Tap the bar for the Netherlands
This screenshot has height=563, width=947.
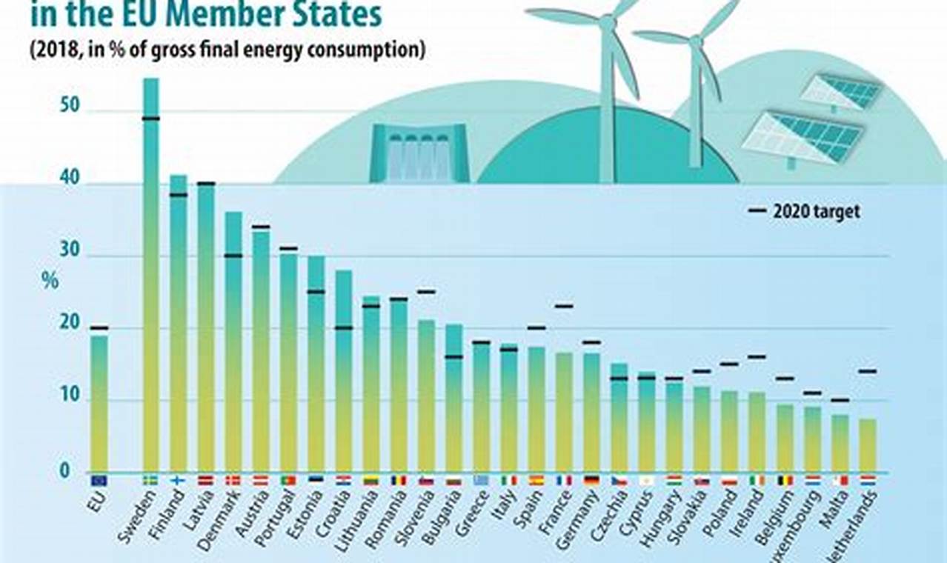coord(867,445)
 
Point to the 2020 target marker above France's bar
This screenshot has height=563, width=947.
coord(564,306)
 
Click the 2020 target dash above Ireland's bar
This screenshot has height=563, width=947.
coord(757,357)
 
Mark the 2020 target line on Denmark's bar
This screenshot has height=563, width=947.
coord(233,256)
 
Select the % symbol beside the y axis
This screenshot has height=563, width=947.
coord(50,281)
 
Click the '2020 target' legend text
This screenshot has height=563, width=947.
coord(817,211)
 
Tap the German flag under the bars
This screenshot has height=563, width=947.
coord(591,480)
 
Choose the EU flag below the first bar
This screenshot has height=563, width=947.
coord(99,480)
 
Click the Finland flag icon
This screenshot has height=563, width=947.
coord(178,480)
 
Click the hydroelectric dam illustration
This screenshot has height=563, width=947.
coord(420,153)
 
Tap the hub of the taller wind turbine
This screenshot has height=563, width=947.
coord(608,22)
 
